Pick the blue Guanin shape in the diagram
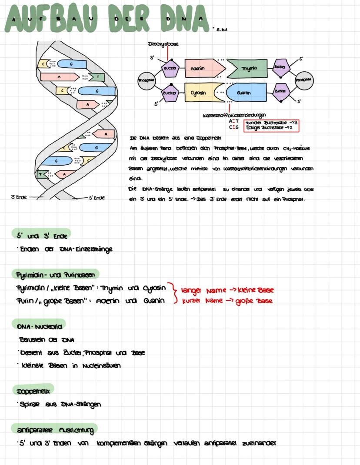(x=246, y=93)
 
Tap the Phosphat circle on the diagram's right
(x=303, y=80)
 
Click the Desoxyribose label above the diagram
(x=163, y=44)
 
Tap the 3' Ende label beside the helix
(x=19, y=197)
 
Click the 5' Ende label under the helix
(x=96, y=198)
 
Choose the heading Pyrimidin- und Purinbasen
(x=55, y=274)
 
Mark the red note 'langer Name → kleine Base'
(x=227, y=290)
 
